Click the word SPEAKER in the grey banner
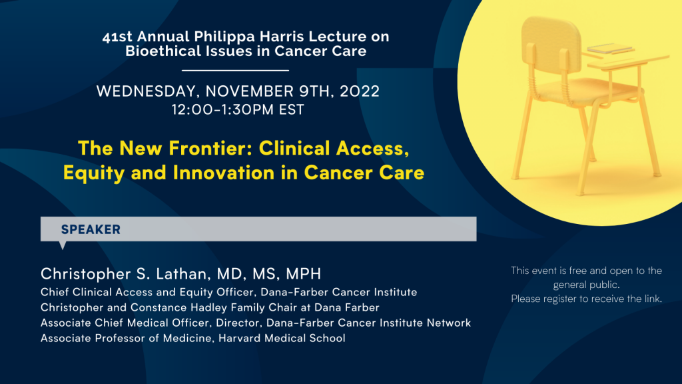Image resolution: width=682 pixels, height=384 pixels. (91, 229)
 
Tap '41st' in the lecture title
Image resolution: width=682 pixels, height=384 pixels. (117, 37)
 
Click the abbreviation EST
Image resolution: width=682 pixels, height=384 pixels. (292, 110)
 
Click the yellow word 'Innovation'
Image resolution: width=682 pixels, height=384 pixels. (224, 173)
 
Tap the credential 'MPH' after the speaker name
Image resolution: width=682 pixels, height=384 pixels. (303, 274)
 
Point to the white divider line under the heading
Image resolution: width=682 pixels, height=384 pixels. (235, 70)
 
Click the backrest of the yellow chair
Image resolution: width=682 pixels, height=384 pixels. (551, 43)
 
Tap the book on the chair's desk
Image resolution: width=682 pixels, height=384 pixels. (609, 48)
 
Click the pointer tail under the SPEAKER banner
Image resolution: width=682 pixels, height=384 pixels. (63, 245)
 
